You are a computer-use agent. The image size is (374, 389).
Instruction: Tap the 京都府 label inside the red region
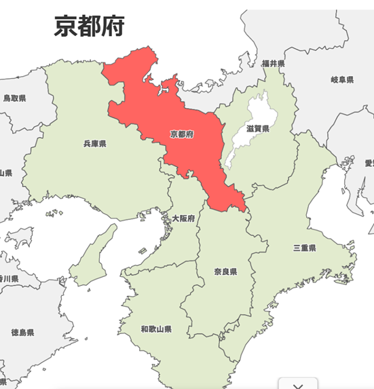pos(182,134)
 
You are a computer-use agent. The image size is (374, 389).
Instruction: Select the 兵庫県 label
pos(95,144)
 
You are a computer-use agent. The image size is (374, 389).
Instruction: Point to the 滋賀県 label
pos(259,128)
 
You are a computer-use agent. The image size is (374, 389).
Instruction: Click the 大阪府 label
pos(183,219)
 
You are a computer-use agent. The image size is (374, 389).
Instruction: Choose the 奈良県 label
pos(223,272)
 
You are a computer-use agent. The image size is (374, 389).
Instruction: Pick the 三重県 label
pos(304,248)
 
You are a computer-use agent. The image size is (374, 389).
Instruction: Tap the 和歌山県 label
pos(156,329)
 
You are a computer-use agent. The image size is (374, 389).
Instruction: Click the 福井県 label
pos(273,63)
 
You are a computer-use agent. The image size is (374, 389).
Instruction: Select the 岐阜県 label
pos(341,80)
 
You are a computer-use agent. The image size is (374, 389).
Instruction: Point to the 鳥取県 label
pos(14,98)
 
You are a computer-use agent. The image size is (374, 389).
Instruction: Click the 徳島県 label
pos(22,333)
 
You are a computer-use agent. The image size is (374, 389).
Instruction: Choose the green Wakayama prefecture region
pos(163,305)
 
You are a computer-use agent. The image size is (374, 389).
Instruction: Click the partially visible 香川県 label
pos(8,278)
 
